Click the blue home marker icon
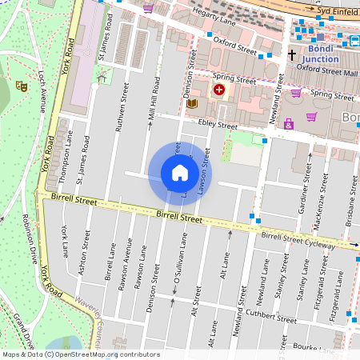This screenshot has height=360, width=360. point(180,173)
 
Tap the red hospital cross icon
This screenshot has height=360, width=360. point(218,90)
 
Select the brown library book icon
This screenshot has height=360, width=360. point(191,104)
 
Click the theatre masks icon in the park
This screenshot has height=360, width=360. point(22,85)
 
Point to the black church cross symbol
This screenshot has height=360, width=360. point(292,55)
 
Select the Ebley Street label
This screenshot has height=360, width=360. point(217,126)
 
